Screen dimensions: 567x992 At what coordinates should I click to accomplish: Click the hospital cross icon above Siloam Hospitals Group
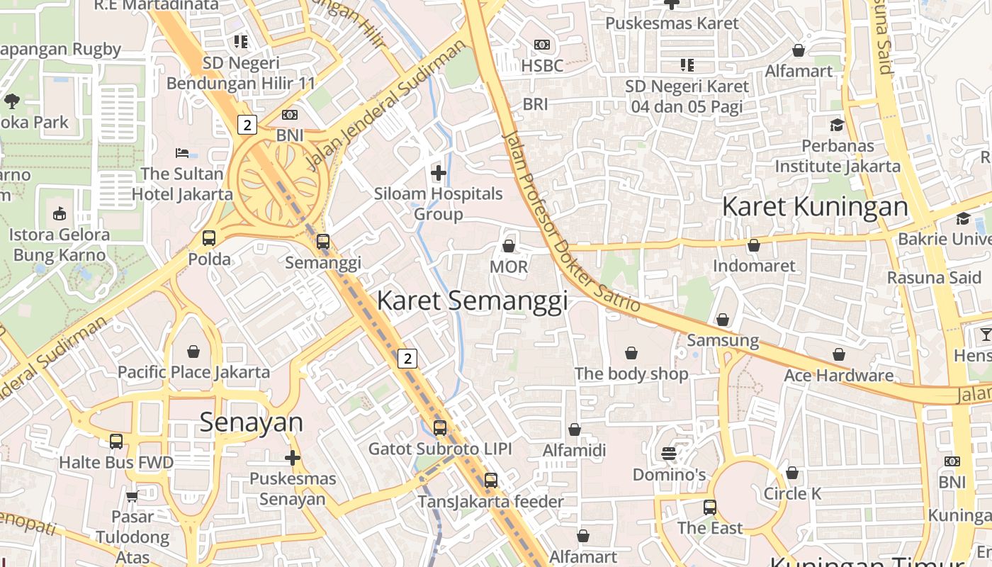click(x=439, y=172)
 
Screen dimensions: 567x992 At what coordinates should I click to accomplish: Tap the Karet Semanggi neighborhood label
click(x=472, y=301)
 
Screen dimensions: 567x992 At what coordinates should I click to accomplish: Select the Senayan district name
click(x=251, y=422)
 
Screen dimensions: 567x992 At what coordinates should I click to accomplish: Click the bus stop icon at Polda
click(x=209, y=238)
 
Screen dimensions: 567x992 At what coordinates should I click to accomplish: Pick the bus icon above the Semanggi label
click(x=323, y=242)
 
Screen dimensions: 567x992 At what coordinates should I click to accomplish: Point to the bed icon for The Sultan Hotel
click(x=182, y=153)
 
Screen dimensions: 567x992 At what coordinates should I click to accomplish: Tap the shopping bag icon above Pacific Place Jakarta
click(x=193, y=351)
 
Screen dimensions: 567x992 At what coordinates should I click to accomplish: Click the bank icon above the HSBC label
click(x=542, y=45)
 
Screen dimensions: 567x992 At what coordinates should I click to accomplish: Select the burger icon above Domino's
click(x=669, y=453)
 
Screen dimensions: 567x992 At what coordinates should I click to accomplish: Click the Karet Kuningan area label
click(x=814, y=207)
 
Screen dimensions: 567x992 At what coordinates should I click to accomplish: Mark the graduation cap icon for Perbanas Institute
click(x=837, y=125)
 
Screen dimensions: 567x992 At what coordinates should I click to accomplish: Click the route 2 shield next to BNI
click(x=246, y=125)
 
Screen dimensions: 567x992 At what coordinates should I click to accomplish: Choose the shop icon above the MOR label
click(x=509, y=246)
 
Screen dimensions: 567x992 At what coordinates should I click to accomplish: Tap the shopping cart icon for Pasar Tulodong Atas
click(x=132, y=496)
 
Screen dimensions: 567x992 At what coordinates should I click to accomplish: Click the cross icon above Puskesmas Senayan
click(x=293, y=458)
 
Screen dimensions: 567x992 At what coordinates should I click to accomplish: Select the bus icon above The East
click(x=710, y=507)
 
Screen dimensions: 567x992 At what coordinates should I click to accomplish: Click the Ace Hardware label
click(x=838, y=375)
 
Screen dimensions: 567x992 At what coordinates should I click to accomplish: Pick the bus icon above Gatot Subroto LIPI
click(x=440, y=428)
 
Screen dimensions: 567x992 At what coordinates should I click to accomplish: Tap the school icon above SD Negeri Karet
click(x=687, y=65)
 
